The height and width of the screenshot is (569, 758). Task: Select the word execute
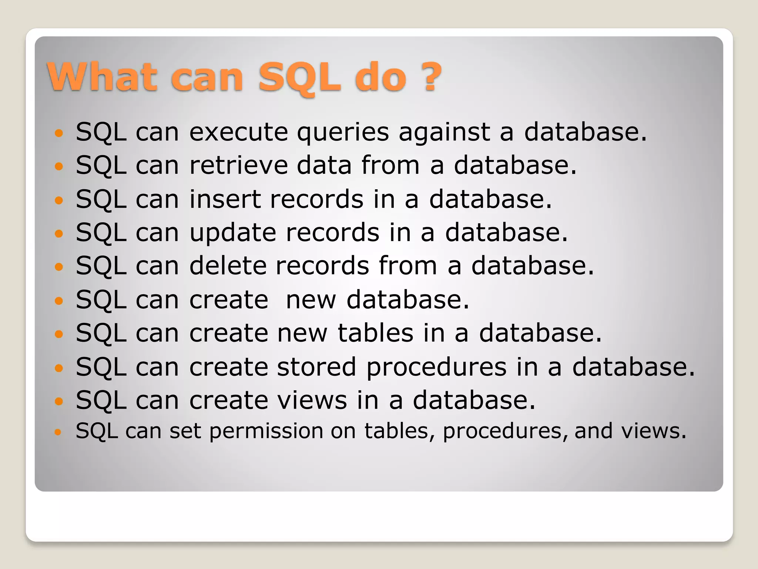tap(238, 132)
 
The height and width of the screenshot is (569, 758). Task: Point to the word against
tap(444, 133)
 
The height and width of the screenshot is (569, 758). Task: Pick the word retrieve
tap(238, 165)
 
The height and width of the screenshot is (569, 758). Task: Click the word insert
tap(225, 199)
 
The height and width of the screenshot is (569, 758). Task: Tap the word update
tap(233, 233)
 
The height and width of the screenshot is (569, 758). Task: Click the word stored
tap(316, 367)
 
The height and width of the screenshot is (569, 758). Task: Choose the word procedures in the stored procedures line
tap(436, 367)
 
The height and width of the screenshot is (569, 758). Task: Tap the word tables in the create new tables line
tap(375, 333)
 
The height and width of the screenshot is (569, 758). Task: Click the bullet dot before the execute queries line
tap(59, 133)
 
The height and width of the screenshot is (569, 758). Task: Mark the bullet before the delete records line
tap(59, 266)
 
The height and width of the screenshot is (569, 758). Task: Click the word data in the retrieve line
tap(324, 165)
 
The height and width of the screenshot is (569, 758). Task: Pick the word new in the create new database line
tap(311, 300)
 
